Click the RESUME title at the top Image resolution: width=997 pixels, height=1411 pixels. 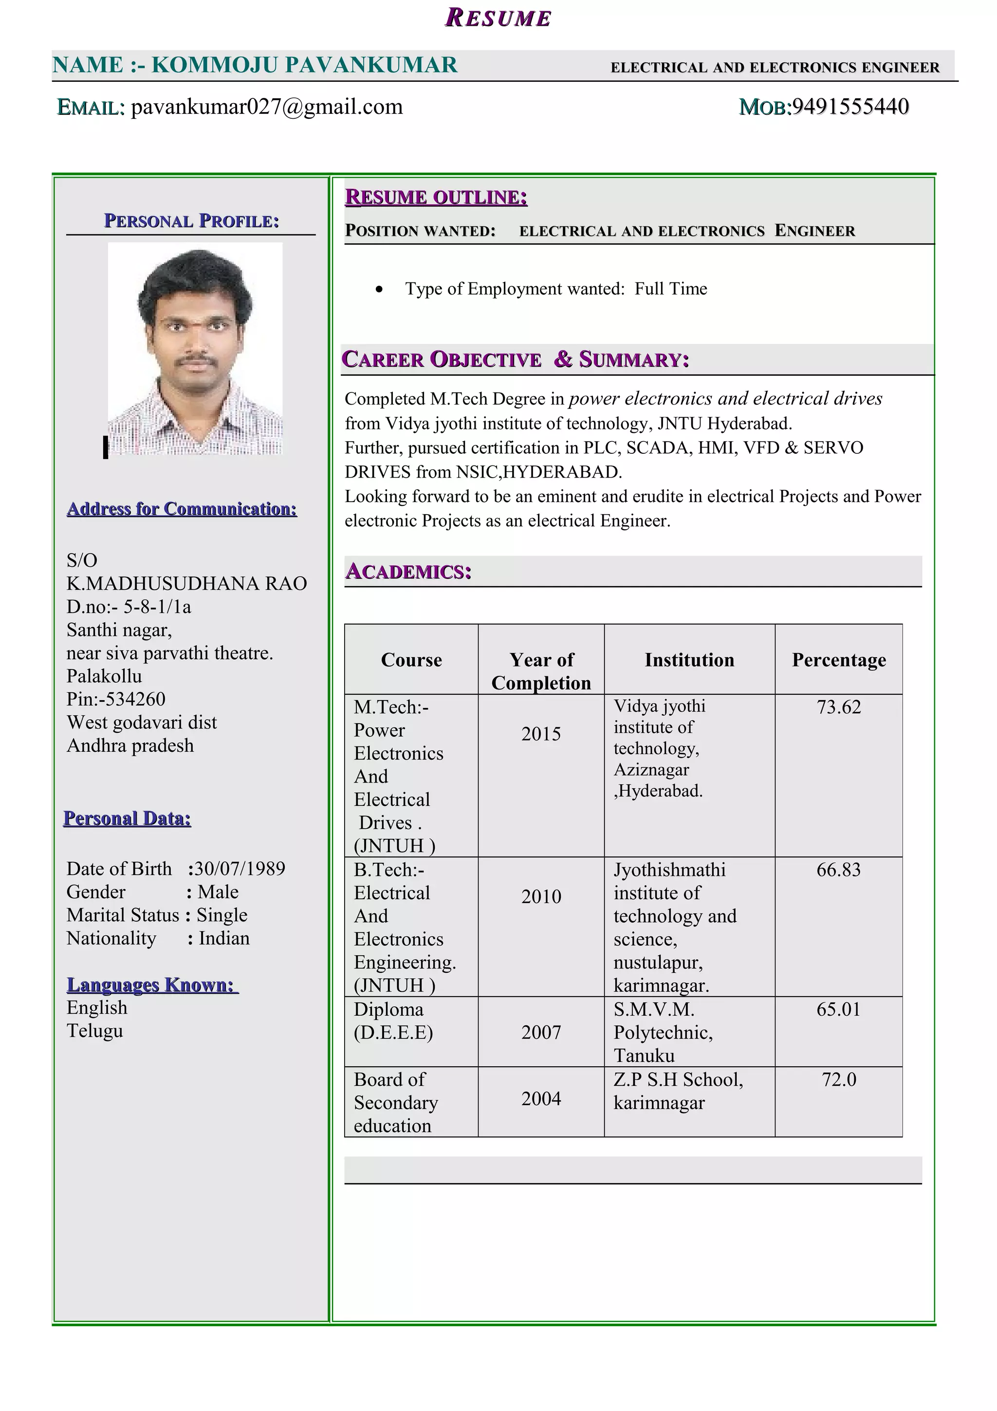pos(498,18)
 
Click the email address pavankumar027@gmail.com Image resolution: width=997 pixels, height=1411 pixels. pos(267,107)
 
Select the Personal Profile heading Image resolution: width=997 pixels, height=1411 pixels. pos(191,221)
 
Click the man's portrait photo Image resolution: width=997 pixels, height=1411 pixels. pos(195,349)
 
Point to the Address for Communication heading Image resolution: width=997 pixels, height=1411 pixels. pos(182,509)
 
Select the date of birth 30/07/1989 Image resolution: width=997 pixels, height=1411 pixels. pos(240,868)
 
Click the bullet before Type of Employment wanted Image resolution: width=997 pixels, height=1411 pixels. pos(379,289)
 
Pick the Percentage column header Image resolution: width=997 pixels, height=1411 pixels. pos(838,660)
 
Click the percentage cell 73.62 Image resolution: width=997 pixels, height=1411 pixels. pos(838,707)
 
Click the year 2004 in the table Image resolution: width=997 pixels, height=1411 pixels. pos(541,1099)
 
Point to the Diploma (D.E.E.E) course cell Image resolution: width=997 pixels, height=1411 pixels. pos(393,1021)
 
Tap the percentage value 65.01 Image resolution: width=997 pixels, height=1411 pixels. pos(838,1010)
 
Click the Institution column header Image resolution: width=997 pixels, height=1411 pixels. pos(689,660)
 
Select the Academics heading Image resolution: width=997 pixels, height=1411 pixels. pos(408,572)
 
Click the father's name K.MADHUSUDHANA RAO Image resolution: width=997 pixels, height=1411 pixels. pos(187,583)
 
